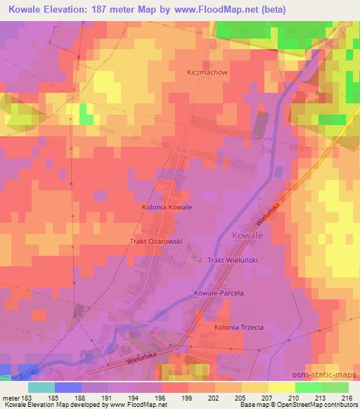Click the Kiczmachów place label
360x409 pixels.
click(x=209, y=72)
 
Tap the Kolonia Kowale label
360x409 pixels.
click(x=167, y=208)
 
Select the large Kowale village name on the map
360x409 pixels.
click(x=247, y=236)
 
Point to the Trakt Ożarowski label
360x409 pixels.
click(x=155, y=241)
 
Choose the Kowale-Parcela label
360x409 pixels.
click(x=217, y=292)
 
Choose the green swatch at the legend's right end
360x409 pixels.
click(x=335, y=387)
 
